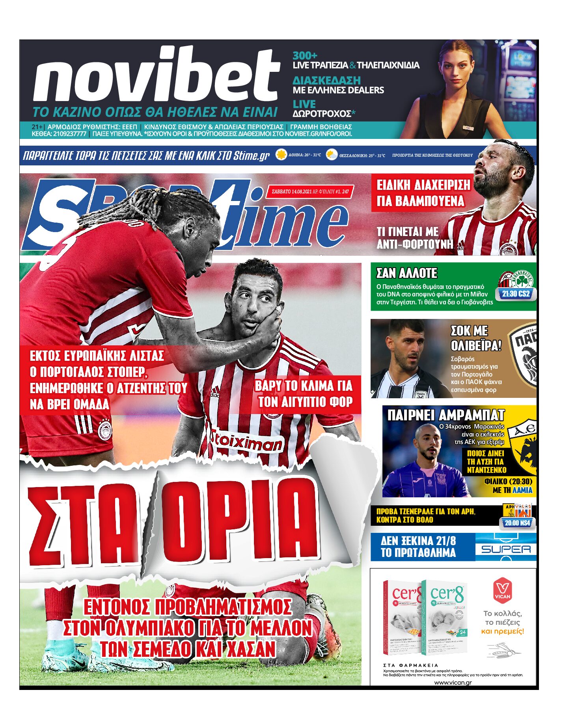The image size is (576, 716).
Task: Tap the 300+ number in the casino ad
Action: (305, 56)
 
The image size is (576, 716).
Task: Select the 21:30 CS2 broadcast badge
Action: (516, 294)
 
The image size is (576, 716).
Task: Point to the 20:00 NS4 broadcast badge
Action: (517, 523)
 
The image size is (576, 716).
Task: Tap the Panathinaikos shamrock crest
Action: (522, 281)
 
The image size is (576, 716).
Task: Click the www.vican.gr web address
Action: (453, 682)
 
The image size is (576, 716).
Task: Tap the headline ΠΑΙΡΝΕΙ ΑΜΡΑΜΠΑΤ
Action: (446, 415)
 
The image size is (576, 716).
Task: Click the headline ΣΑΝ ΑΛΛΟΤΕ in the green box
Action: (406, 273)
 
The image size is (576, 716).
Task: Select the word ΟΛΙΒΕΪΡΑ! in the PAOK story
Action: (476, 346)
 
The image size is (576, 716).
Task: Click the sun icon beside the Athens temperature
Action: (281, 155)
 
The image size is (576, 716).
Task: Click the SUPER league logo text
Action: (506, 549)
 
